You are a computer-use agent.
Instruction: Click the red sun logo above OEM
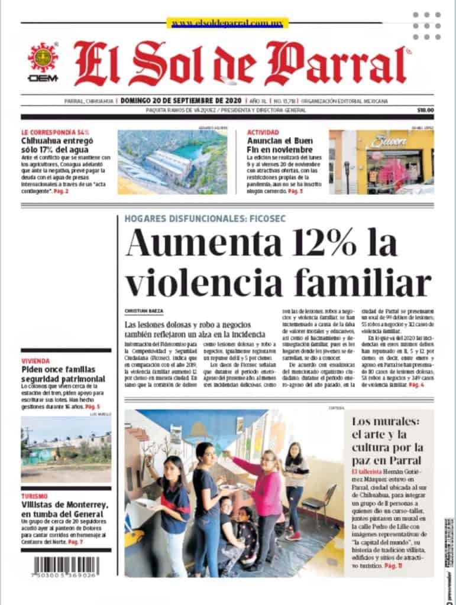pyautogui.click(x=43, y=58)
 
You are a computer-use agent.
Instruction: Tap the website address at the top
pyautogui.click(x=227, y=23)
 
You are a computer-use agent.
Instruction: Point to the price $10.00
pyautogui.click(x=425, y=110)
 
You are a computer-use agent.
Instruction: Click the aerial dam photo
pyautogui.click(x=172, y=162)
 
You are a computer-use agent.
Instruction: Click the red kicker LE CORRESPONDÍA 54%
pyautogui.click(x=54, y=132)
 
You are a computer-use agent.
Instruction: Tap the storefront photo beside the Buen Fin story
pyautogui.click(x=381, y=162)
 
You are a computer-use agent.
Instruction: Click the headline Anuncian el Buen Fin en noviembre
pyautogui.click(x=280, y=145)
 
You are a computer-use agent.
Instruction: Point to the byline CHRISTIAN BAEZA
pyautogui.click(x=144, y=311)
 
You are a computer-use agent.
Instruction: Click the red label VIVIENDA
pyautogui.click(x=35, y=361)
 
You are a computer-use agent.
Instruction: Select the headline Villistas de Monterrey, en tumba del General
pyautogui.click(x=65, y=509)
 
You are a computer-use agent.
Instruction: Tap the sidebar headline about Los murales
pyautogui.click(x=387, y=441)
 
